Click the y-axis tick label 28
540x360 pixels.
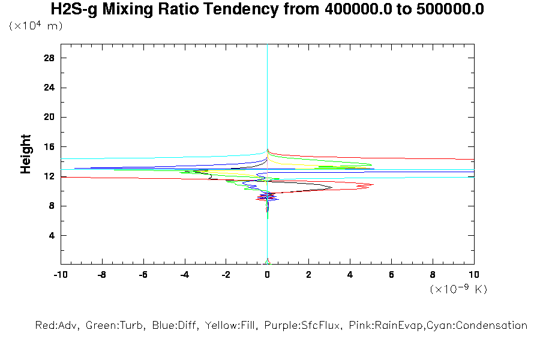50,58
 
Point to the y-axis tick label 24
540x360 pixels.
50,88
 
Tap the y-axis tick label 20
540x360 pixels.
50,117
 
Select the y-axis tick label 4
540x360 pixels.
52,235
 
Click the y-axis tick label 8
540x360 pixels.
52,206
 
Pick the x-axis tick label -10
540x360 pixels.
59,275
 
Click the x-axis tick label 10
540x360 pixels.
474,275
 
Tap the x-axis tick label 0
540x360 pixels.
268,275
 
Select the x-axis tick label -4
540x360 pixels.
184,275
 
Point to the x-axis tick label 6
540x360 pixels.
391,275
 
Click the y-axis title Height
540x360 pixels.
26,154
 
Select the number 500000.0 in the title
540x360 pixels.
451,10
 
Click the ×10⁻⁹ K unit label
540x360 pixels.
458,289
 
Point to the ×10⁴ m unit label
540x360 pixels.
35,26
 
